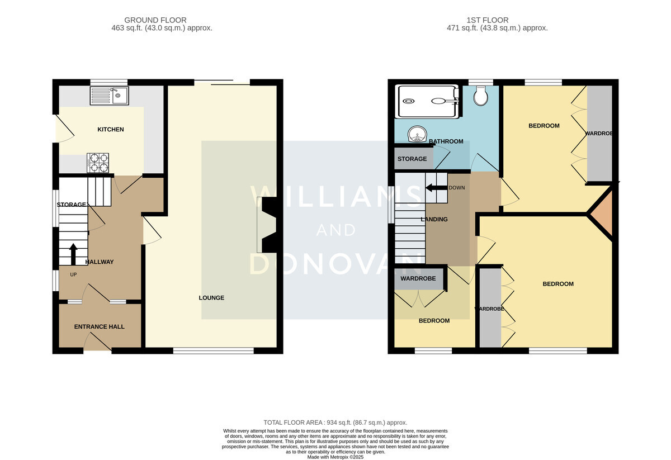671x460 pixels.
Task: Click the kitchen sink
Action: [x=110, y=96]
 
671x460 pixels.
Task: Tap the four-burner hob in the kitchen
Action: [x=98, y=163]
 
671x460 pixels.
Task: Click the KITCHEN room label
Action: [x=111, y=129]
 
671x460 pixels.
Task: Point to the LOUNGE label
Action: [x=211, y=298]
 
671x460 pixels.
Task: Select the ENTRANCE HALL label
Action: [x=99, y=327]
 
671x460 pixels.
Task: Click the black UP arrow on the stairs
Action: [x=73, y=254]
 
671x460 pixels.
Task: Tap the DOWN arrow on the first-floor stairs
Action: [x=436, y=188]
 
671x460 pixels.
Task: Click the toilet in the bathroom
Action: [x=480, y=96]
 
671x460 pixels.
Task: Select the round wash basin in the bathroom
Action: [x=417, y=134]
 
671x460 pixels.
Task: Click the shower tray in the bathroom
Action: [x=427, y=102]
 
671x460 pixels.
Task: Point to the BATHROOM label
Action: [x=446, y=141]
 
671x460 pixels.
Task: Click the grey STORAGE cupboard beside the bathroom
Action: [x=414, y=158]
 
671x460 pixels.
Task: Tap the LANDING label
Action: [x=434, y=219]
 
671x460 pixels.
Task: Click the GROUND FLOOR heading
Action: [x=155, y=20]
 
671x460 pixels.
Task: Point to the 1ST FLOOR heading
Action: [x=488, y=20]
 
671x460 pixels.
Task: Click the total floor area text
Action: [x=335, y=423]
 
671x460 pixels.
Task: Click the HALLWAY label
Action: [x=100, y=262]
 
